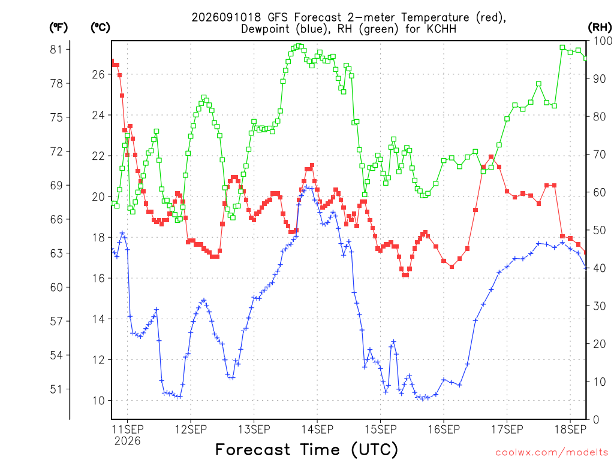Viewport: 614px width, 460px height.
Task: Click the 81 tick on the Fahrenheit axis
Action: (x=56, y=49)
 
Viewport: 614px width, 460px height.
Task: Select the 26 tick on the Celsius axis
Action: (x=98, y=74)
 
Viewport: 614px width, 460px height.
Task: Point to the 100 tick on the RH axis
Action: (x=603, y=41)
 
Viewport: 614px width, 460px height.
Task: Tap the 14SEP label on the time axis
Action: (x=317, y=429)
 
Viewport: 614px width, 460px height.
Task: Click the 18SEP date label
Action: (x=570, y=429)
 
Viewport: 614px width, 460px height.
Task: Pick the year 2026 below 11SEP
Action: (x=127, y=441)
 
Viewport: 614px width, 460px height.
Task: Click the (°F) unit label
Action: (x=58, y=28)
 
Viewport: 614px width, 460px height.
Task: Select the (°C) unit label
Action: (x=100, y=28)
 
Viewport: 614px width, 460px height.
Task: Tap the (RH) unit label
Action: (x=600, y=28)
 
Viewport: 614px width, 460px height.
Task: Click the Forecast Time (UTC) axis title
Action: (x=306, y=449)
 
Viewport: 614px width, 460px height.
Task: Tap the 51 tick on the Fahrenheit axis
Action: (x=56, y=389)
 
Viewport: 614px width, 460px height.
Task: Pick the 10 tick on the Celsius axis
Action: (x=98, y=401)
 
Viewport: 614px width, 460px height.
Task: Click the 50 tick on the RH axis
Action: (x=600, y=230)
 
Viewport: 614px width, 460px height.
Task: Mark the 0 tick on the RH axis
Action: (x=597, y=420)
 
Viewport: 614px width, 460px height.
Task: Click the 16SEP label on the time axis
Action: (x=444, y=429)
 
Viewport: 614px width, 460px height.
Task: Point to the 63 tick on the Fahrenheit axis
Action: (x=56, y=253)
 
